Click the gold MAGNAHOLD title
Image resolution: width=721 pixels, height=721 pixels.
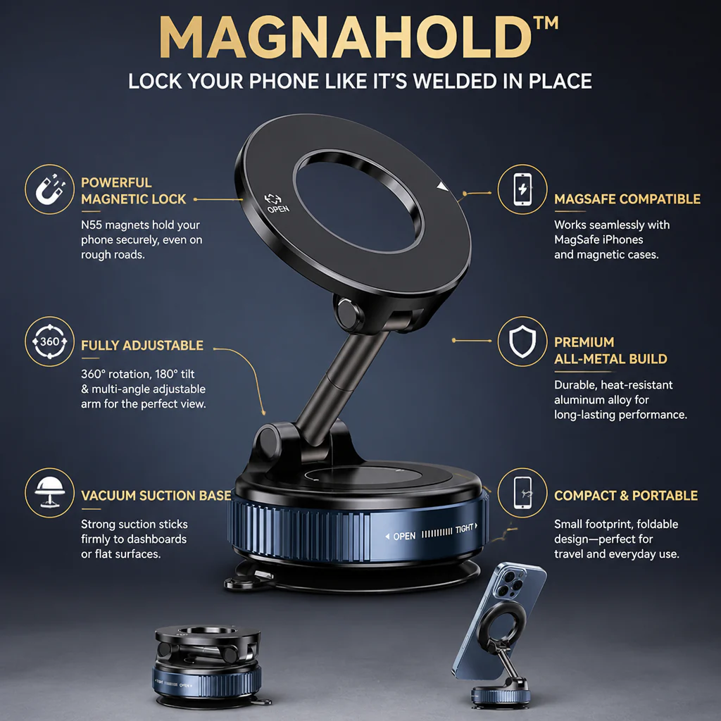coord(345,38)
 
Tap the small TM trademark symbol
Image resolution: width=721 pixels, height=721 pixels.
coord(546,23)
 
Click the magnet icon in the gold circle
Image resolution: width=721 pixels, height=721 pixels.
coord(50,189)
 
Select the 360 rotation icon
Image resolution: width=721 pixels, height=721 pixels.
coord(50,341)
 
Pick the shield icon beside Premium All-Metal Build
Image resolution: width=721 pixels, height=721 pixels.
coord(522,341)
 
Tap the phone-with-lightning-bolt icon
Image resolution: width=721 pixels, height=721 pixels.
coord(522,189)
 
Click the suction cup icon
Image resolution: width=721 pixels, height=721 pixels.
coord(50,492)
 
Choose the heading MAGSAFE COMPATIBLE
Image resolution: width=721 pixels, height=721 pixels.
coord(627,199)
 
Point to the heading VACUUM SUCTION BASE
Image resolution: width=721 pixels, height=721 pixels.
coord(156,496)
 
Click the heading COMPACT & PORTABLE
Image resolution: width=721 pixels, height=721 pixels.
coord(626,496)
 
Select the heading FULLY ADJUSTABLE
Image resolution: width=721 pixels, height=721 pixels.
coord(142,345)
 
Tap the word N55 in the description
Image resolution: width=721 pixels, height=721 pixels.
coord(92,225)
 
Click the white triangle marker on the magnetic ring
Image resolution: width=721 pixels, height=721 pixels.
coord(442,187)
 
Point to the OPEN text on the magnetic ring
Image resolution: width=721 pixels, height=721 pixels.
coord(278,208)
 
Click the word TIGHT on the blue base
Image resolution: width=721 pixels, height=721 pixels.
coord(465,529)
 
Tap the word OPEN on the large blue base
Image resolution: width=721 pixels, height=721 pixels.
coord(404,536)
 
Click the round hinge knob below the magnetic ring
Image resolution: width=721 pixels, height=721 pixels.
coord(349,313)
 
